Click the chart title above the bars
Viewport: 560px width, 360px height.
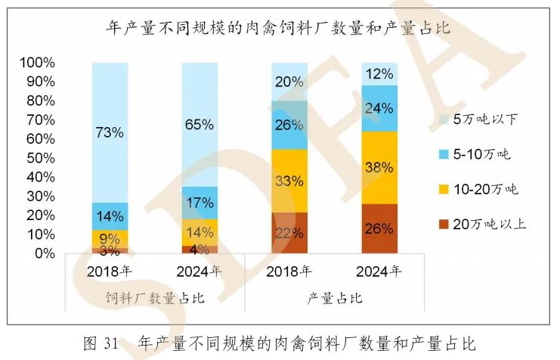point(279,29)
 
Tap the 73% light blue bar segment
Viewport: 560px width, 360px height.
point(110,132)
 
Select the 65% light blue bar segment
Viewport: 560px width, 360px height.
point(200,125)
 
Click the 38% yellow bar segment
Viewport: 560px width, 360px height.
point(379,167)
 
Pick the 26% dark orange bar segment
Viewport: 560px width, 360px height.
point(379,228)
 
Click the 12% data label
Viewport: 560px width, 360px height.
point(379,74)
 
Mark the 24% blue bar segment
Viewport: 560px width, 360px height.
point(379,108)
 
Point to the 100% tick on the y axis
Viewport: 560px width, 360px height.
point(37,62)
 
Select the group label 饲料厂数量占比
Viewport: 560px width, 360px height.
point(153,298)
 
